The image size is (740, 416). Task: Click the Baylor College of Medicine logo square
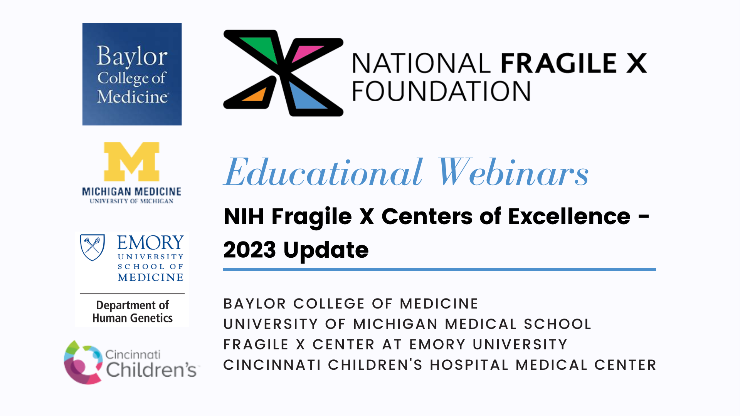[x=132, y=74]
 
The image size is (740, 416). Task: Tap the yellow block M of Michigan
[x=132, y=161]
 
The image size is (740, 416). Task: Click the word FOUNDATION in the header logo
[x=441, y=91]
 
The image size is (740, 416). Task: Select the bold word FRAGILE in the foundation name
[x=558, y=63]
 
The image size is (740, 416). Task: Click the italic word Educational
[x=323, y=172]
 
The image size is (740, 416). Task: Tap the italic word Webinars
[x=513, y=172]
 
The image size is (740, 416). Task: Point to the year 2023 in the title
[x=250, y=250]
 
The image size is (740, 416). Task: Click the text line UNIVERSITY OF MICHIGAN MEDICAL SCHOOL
[x=407, y=324]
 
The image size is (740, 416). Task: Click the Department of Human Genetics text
[x=132, y=311]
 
